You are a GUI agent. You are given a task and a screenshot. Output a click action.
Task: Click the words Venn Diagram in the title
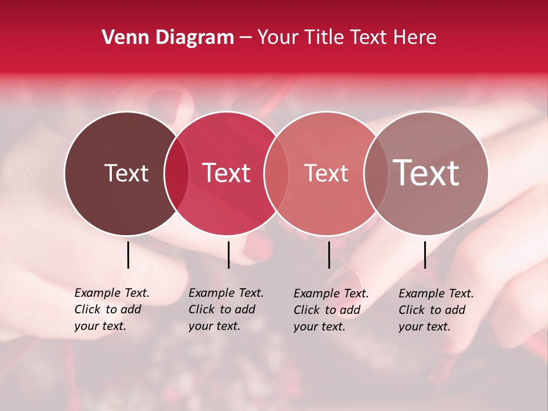168,38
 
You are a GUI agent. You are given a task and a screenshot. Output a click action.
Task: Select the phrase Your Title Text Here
346,38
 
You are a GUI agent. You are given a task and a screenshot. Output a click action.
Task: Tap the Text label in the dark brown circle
126,173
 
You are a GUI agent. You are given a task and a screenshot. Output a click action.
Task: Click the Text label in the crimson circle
227,173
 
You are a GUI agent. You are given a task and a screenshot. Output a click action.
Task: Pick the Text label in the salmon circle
326,173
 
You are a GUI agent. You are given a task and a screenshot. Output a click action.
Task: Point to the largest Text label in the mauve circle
426,172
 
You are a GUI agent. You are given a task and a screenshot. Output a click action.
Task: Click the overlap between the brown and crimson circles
176,173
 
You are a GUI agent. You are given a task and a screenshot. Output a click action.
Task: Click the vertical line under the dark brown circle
128,255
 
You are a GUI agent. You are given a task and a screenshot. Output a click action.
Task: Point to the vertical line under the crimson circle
228,255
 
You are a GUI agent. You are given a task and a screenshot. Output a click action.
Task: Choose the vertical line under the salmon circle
329,255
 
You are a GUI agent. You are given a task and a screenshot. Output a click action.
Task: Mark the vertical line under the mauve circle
425,255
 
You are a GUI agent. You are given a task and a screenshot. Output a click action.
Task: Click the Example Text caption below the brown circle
112,309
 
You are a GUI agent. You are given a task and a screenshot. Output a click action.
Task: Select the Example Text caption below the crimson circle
226,309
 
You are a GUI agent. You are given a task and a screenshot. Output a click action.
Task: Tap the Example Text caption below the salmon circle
331,310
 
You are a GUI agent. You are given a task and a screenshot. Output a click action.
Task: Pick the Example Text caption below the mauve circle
436,310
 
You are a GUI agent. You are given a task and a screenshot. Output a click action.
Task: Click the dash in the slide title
245,38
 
